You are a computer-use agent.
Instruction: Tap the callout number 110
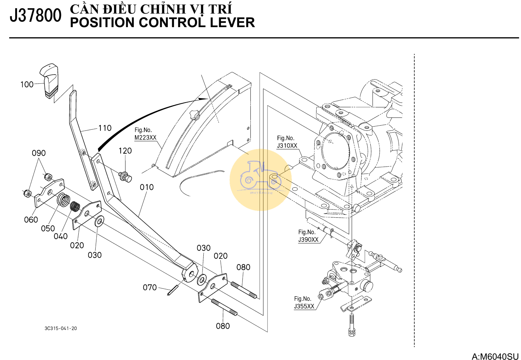click(x=105, y=128)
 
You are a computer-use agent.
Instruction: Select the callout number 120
click(x=125, y=151)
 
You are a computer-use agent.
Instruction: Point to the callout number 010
click(x=147, y=187)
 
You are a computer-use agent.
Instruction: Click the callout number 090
click(x=39, y=153)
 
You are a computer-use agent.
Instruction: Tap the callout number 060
click(x=31, y=220)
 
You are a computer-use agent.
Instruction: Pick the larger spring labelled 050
click(x=64, y=199)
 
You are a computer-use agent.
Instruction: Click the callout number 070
click(x=150, y=287)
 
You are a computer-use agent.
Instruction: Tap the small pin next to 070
click(x=173, y=290)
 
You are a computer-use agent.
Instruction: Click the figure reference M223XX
click(x=145, y=138)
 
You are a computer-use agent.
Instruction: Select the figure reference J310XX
click(x=287, y=146)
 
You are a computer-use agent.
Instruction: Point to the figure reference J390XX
click(x=308, y=239)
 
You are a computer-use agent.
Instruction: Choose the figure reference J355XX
click(x=304, y=306)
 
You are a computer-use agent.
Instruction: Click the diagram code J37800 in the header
click(x=35, y=16)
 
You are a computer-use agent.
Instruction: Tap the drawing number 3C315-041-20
click(x=61, y=328)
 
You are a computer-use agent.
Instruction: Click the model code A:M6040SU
click(x=495, y=356)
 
